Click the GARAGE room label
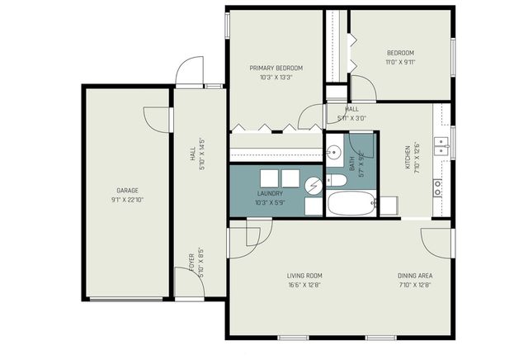[126, 190]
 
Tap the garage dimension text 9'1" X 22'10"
[126, 200]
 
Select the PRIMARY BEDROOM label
[276, 68]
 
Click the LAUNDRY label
[270, 193]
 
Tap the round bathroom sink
[334, 152]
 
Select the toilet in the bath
[336, 180]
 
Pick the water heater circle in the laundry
[313, 187]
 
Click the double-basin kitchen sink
[443, 147]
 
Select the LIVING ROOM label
[304, 276]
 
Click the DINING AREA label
[414, 276]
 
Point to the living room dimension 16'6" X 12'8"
[304, 286]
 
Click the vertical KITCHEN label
[407, 158]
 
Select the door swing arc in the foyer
[184, 280]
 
